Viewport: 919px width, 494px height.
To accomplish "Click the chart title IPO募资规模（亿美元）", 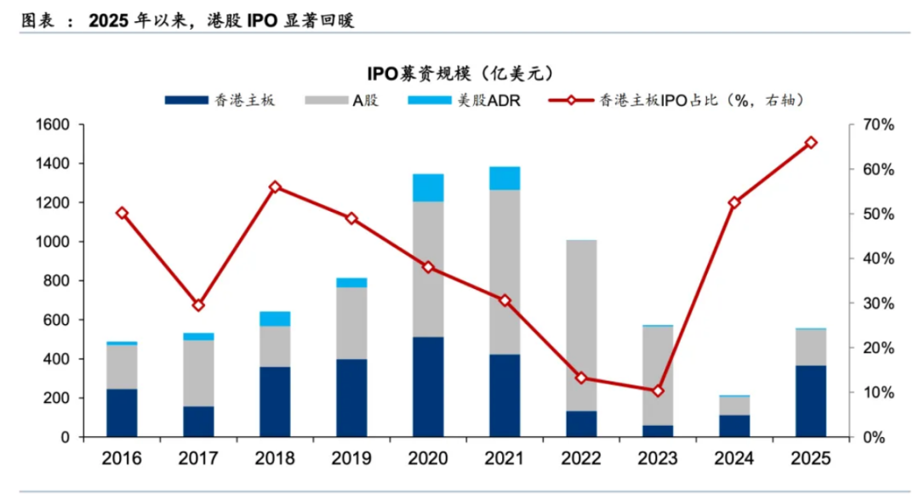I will (x=460, y=74).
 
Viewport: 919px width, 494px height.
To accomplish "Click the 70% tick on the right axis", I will (x=877, y=125).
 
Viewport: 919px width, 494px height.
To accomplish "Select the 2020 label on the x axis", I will (x=428, y=459).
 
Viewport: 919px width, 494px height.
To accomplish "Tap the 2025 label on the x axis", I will (x=811, y=459).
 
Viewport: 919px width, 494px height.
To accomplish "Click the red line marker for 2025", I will (x=811, y=143).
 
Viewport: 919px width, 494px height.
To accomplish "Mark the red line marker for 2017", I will (x=198, y=305).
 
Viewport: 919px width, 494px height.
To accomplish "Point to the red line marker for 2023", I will (x=658, y=391).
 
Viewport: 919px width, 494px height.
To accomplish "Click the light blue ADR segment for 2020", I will (x=428, y=187).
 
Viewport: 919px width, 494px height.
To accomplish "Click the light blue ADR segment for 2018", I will (x=275, y=319).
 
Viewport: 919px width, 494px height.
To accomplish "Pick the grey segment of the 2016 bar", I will (x=122, y=366).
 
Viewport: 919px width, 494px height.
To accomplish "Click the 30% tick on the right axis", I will (x=877, y=304).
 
